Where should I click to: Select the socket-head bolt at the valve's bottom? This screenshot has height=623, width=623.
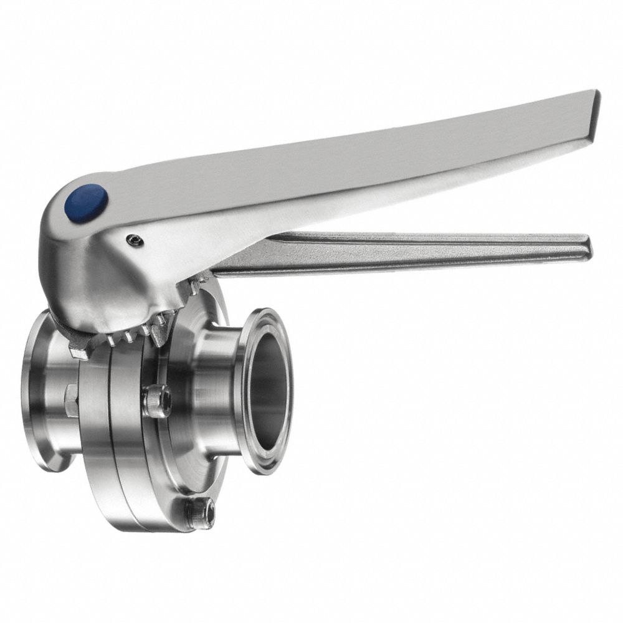[x=202, y=512]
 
